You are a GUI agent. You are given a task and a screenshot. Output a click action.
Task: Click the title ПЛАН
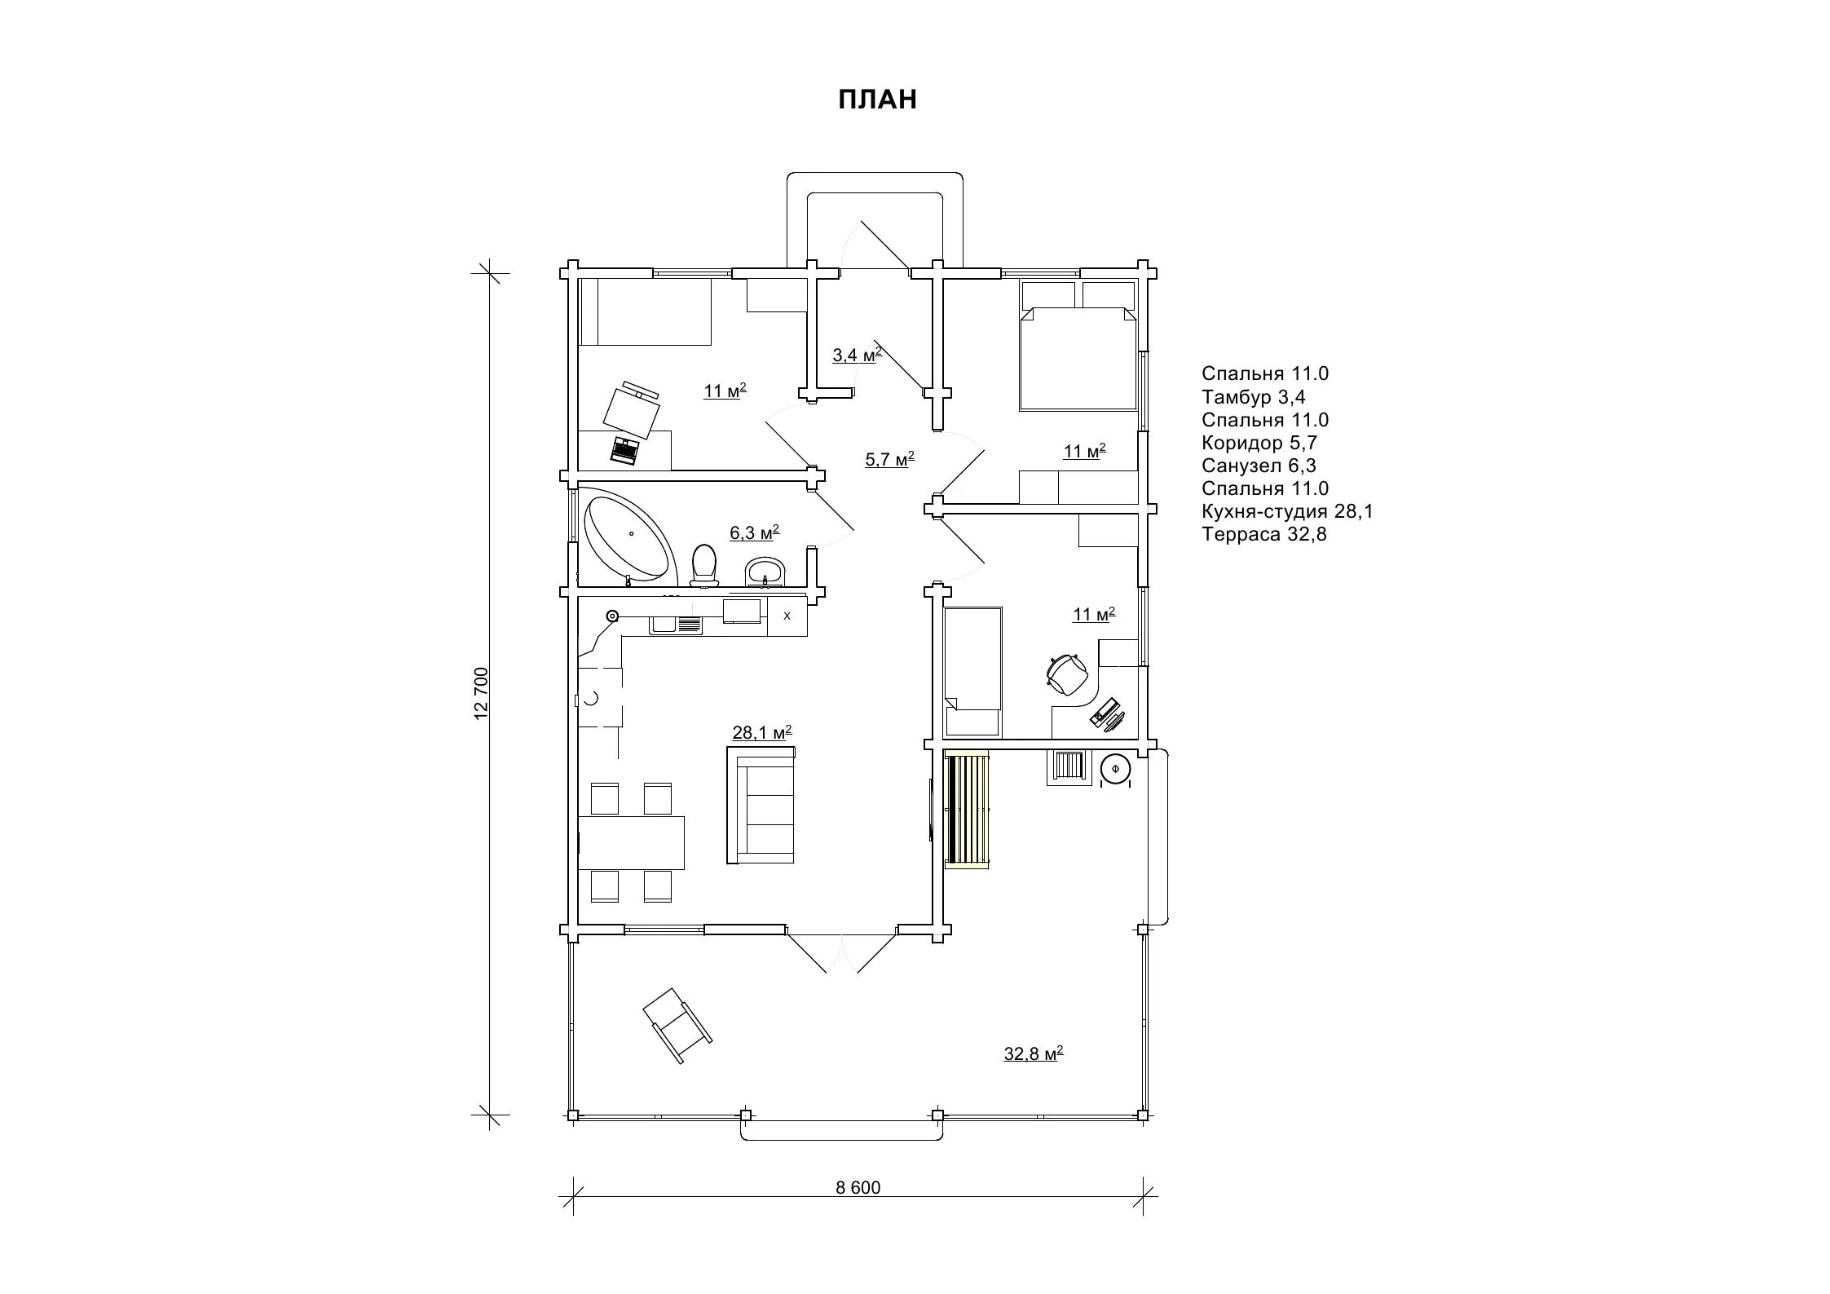point(878,99)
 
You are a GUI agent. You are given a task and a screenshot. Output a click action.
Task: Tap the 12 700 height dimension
point(481,693)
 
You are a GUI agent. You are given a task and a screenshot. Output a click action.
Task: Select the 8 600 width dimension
point(858,1187)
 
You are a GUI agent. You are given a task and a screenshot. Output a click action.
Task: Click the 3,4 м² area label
point(857,355)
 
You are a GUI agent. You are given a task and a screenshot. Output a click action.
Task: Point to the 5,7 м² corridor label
point(889,459)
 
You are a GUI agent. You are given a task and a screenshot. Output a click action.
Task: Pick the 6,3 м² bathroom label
point(754,532)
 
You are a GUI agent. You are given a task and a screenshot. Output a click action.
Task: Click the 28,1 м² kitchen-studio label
point(762,732)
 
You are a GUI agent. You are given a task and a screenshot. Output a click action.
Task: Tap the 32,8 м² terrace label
point(1034,1053)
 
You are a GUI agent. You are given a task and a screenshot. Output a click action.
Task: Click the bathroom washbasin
point(765,572)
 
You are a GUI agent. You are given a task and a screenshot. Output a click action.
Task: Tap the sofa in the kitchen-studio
point(761,805)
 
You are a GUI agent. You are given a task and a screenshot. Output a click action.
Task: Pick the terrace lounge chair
point(677,1025)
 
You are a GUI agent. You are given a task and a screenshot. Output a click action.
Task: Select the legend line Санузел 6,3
point(1259,466)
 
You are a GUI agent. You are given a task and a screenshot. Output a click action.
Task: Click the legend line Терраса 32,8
point(1264,535)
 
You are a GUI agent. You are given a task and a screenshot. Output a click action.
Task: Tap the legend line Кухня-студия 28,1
point(1287,512)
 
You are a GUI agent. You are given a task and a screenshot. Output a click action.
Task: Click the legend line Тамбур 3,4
point(1254,397)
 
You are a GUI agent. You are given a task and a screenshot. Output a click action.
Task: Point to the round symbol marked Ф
point(1115,769)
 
